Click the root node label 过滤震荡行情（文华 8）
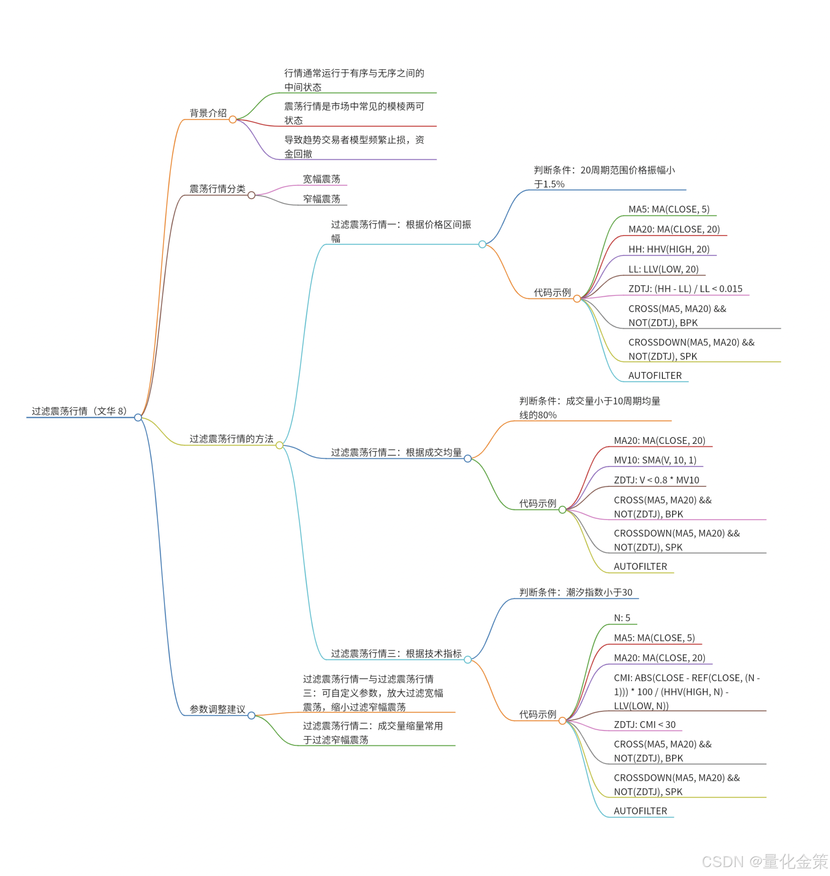tap(79, 411)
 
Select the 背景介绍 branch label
tap(208, 113)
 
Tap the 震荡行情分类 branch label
tap(217, 189)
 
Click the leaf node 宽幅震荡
tap(321, 179)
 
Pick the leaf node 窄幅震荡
tap(321, 199)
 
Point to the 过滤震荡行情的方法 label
tap(231, 439)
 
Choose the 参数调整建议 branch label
tap(217, 709)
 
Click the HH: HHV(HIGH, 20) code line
tap(669, 250)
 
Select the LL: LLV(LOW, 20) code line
tap(664, 270)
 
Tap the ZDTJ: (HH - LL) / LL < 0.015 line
tap(685, 289)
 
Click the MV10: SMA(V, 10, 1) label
tap(655, 460)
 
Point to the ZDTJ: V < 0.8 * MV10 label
tap(657, 480)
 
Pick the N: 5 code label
tap(622, 618)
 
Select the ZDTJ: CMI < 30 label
tap(645, 725)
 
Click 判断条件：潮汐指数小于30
tap(576, 592)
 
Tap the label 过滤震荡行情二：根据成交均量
tap(396, 452)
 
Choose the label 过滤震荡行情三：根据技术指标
tap(396, 654)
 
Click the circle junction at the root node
tap(138, 418)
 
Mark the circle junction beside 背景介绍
tap(233, 119)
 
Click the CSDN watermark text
tap(765, 861)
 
